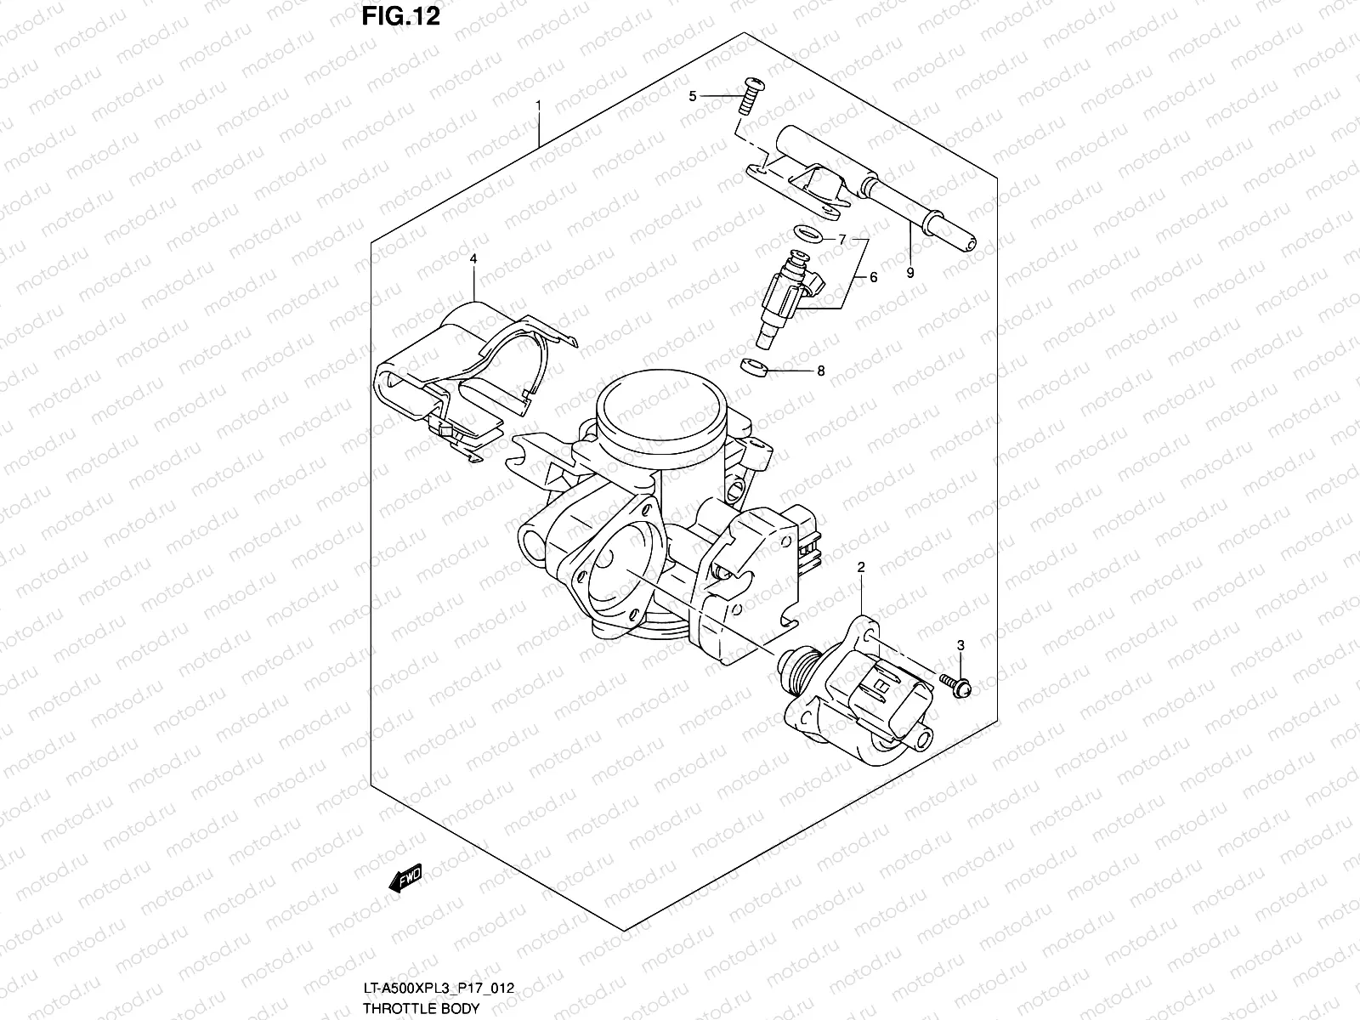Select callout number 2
[861, 566]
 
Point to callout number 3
[960, 646]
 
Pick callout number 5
[693, 96]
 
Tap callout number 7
[841, 240]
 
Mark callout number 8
[820, 371]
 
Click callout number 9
[910, 273]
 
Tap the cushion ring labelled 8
[754, 366]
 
